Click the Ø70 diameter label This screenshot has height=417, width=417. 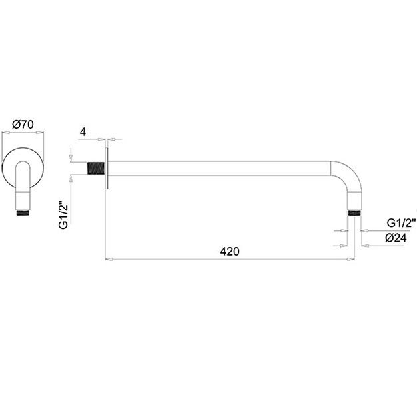[x=23, y=124]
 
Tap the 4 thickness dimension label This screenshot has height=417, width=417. [x=83, y=132]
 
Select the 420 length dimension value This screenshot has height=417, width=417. [x=230, y=251]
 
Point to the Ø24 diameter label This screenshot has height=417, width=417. [x=396, y=238]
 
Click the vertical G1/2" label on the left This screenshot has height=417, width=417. [x=63, y=216]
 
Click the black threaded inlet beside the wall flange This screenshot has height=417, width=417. [x=96, y=168]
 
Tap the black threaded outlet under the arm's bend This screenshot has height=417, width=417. [x=354, y=213]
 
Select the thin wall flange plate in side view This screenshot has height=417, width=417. [x=107, y=168]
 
